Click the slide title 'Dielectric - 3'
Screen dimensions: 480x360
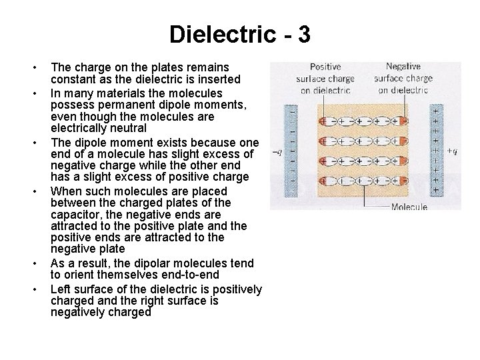pos(239,34)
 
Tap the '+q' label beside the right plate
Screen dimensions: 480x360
pos(452,152)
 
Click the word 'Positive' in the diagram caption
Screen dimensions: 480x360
pos(325,67)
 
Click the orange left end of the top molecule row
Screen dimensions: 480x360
pos(325,122)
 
